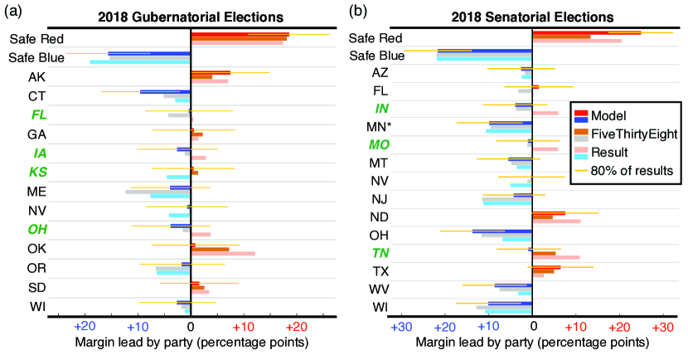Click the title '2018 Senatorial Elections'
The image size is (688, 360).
pyautogui.click(x=532, y=17)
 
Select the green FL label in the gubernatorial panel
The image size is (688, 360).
pyautogui.click(x=39, y=114)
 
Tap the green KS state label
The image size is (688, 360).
pyautogui.click(x=39, y=172)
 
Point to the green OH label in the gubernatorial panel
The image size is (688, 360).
pyautogui.click(x=39, y=229)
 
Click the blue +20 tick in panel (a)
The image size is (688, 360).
pyautogui.click(x=85, y=326)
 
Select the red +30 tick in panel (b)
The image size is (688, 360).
pyautogui.click(x=661, y=326)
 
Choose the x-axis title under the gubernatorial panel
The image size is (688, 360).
pyautogui.click(x=192, y=343)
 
